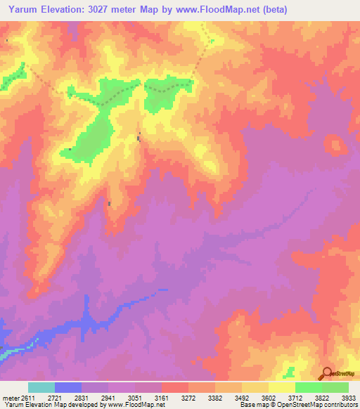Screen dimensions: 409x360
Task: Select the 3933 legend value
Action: pyautogui.click(x=347, y=397)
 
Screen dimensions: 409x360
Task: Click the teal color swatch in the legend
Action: pyautogui.click(x=41, y=387)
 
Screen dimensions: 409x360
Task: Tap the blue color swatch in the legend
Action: pyautogui.click(x=68, y=387)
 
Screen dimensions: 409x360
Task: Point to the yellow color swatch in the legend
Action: pyautogui.click(x=282, y=387)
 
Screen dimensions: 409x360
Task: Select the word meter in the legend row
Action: pyautogui.click(x=10, y=397)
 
